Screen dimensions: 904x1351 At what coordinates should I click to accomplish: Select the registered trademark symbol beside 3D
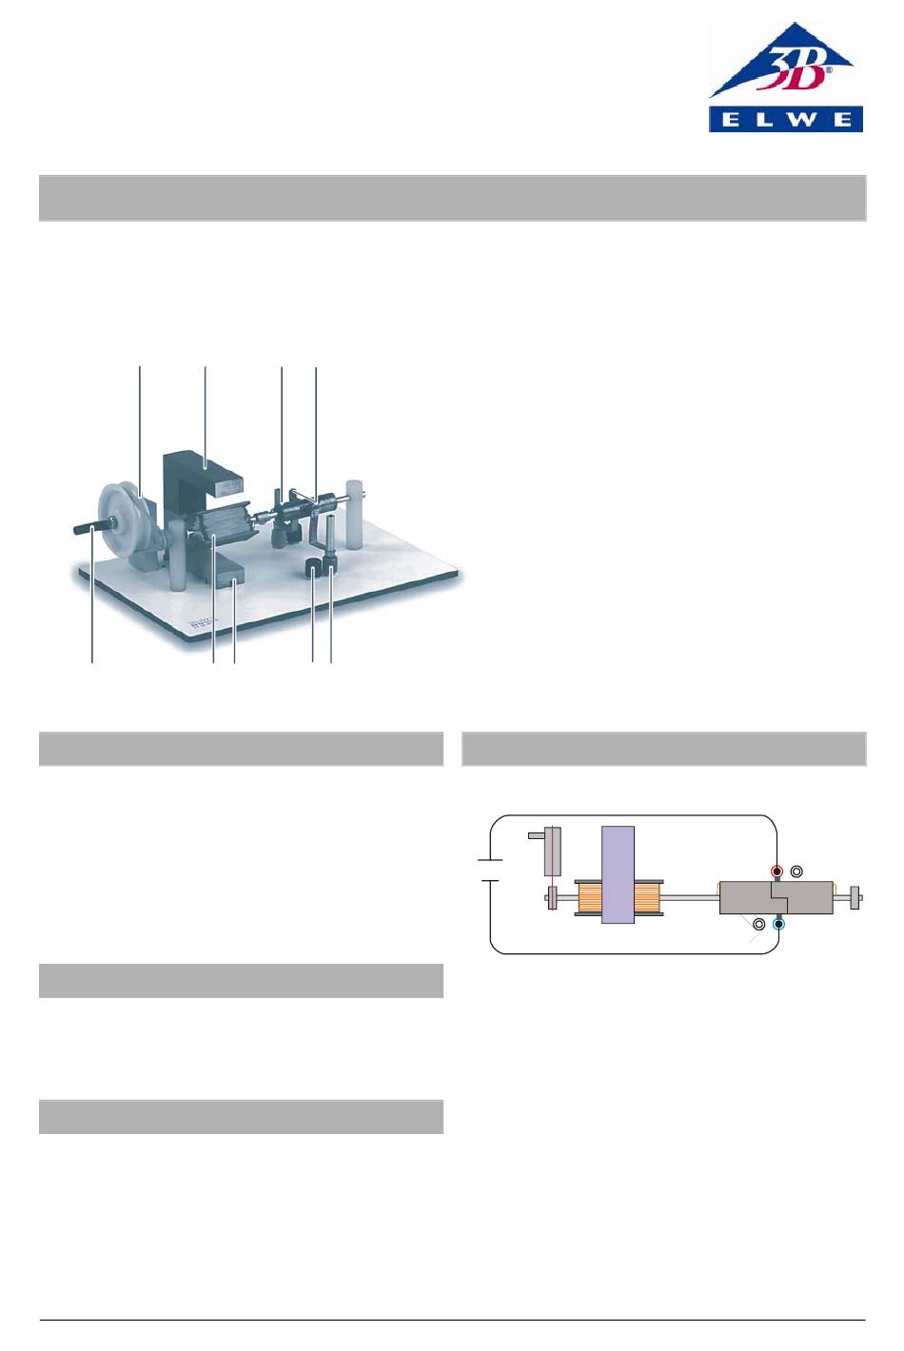(x=829, y=70)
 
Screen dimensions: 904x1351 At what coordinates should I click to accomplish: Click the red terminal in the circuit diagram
(x=776, y=871)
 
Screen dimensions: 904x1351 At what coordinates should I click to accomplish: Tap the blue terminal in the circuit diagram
(x=779, y=924)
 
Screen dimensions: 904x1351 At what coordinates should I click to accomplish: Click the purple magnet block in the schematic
(x=618, y=874)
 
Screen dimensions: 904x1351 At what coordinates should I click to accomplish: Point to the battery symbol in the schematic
(x=490, y=871)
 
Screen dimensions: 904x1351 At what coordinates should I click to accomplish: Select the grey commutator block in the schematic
(x=776, y=897)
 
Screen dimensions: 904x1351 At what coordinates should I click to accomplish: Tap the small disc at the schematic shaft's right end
(x=855, y=897)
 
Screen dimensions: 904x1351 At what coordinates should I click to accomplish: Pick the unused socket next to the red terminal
(x=796, y=871)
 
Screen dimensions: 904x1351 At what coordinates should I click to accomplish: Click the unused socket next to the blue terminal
(x=759, y=924)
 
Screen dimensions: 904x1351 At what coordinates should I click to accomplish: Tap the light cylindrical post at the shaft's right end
(x=354, y=513)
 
